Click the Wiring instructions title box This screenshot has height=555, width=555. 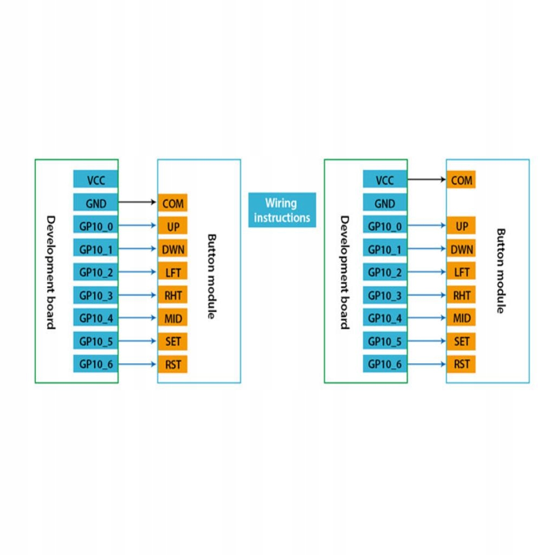pyautogui.click(x=282, y=210)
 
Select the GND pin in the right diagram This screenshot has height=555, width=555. pyautogui.click(x=385, y=203)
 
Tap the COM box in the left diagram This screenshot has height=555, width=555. pyautogui.click(x=173, y=203)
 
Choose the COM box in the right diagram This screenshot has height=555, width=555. pyautogui.click(x=461, y=179)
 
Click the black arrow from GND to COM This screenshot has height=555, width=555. pyautogui.click(x=137, y=202)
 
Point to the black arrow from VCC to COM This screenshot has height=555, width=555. pyautogui.click(x=427, y=179)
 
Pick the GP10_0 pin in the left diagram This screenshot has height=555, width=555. pyautogui.click(x=95, y=225)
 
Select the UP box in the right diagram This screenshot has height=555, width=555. pyautogui.click(x=461, y=225)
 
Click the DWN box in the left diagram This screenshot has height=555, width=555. pyautogui.click(x=173, y=248)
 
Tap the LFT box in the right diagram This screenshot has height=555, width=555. pyautogui.click(x=461, y=272)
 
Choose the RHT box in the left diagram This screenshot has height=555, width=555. pyautogui.click(x=173, y=295)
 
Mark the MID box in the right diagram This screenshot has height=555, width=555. pyautogui.click(x=461, y=318)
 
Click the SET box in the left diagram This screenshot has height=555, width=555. pyautogui.click(x=173, y=341)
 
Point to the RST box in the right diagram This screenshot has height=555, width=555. pyautogui.click(x=461, y=364)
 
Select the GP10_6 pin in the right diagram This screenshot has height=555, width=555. pyautogui.click(x=385, y=364)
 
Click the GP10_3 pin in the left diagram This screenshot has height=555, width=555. pyautogui.click(x=95, y=295)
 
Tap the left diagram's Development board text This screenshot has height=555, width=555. pyautogui.click(x=51, y=273)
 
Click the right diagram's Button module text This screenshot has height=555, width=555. pyautogui.click(x=501, y=271)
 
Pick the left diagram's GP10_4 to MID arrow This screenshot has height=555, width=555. pyautogui.click(x=137, y=318)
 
